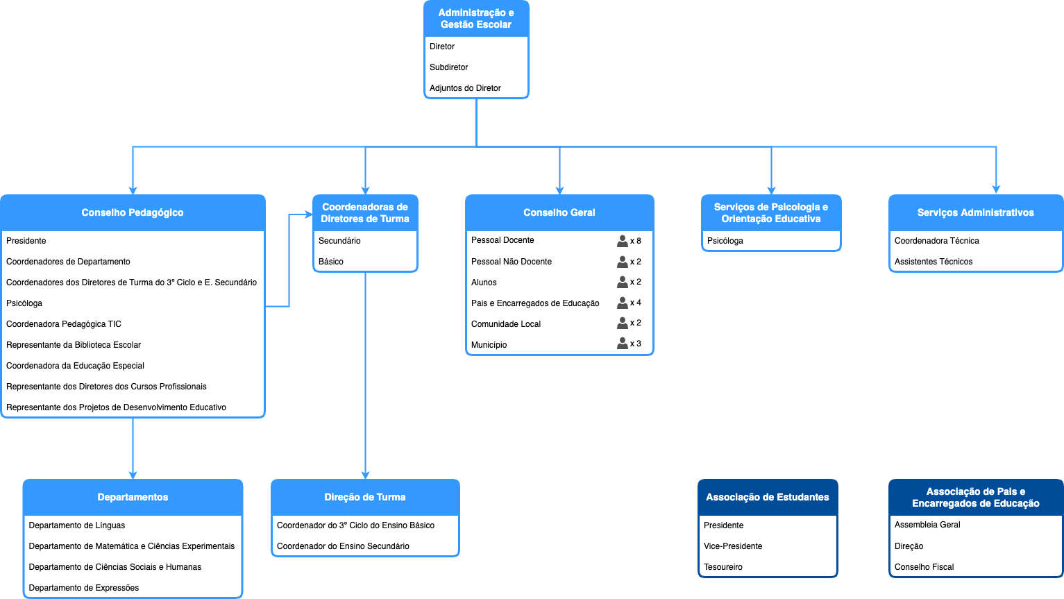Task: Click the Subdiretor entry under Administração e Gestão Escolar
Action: click(448, 67)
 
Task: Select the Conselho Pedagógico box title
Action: click(133, 212)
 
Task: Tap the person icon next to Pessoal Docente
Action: click(623, 241)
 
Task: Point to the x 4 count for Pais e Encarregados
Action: click(636, 303)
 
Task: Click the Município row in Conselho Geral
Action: click(489, 344)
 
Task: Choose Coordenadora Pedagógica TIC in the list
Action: click(64, 324)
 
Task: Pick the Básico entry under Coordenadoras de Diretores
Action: click(330, 261)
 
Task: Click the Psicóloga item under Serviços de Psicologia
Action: click(725, 241)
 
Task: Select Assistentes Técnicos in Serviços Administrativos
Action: click(934, 261)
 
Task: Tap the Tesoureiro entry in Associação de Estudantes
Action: click(723, 566)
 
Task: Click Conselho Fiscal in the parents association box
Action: click(924, 566)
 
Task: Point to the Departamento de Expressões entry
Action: click(83, 588)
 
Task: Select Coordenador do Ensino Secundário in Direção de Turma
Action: click(343, 546)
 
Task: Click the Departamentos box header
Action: click(133, 497)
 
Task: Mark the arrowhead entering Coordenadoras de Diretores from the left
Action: click(309, 214)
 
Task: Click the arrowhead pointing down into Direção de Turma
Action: click(365, 475)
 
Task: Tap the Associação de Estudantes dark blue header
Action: click(768, 497)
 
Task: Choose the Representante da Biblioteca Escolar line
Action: click(74, 345)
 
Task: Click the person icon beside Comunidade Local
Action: click(623, 323)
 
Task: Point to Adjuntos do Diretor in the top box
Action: click(465, 88)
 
